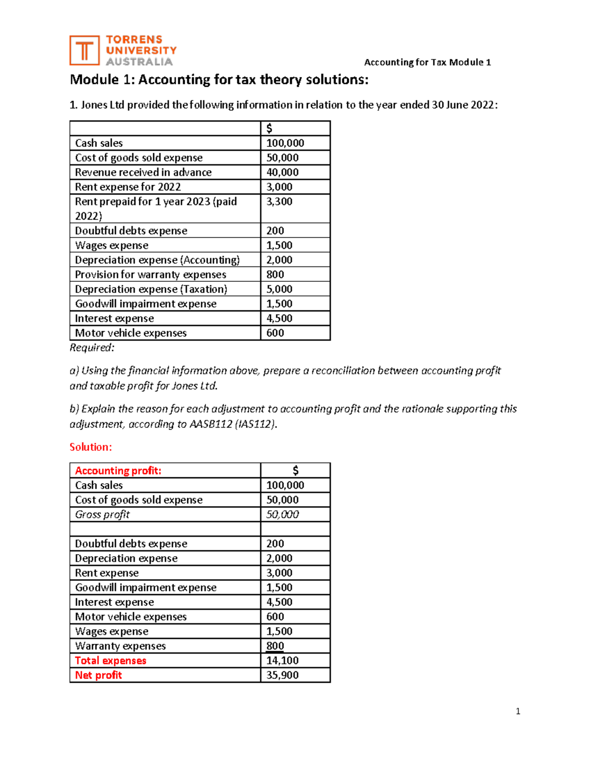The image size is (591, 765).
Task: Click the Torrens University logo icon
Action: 85,50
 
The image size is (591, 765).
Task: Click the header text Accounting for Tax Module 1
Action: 427,62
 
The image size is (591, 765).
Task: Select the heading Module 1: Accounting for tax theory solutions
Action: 219,80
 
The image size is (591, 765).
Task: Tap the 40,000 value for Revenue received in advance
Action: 282,172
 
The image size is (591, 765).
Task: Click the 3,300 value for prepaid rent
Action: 279,201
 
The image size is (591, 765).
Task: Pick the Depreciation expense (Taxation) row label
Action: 151,289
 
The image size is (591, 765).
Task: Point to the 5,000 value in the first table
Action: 279,289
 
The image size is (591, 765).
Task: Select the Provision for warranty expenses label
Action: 150,274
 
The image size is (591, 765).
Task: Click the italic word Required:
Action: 92,348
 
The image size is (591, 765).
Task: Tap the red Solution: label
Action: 91,447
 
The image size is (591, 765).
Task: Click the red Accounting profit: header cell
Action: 118,471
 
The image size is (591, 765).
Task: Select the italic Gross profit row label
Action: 102,515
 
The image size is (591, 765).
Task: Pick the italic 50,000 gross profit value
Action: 282,515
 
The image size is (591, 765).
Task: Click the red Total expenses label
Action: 110,661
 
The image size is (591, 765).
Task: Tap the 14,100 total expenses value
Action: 282,661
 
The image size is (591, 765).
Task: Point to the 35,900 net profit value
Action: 282,675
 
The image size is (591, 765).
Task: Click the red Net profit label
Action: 98,675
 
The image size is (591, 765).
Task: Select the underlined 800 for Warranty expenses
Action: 275,646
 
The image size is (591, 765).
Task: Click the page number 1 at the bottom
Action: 518,711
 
